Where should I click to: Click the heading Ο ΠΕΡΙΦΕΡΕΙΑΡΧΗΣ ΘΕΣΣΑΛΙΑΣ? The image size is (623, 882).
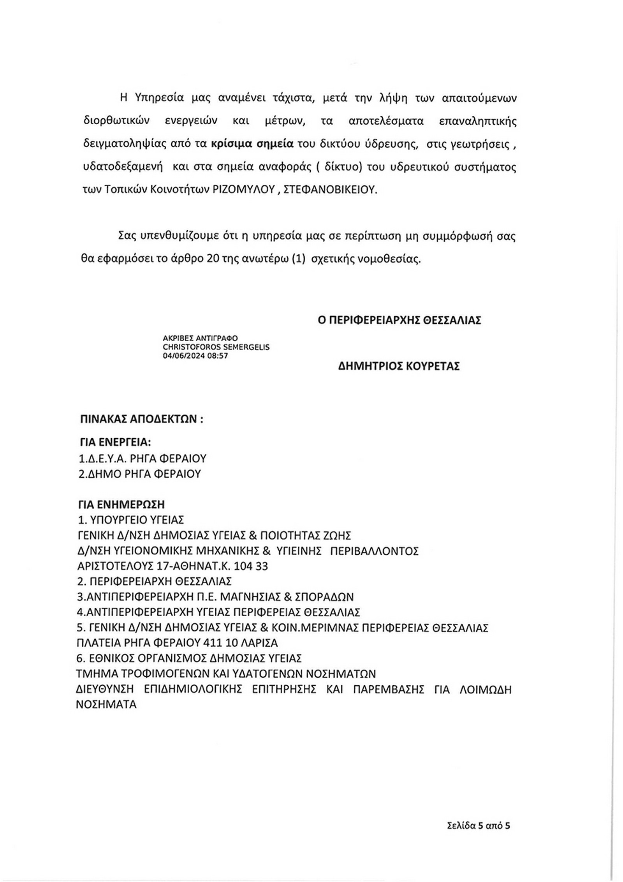pyautogui.click(x=399, y=320)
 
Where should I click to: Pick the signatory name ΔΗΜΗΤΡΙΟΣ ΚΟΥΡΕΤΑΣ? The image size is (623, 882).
pyautogui.click(x=399, y=366)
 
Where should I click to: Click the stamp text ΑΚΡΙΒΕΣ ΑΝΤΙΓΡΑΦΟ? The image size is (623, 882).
pyautogui.click(x=200, y=338)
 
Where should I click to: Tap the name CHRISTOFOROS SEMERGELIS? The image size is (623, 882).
pyautogui.click(x=216, y=347)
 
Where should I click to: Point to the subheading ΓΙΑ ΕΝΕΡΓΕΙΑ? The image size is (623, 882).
pyautogui.click(x=115, y=443)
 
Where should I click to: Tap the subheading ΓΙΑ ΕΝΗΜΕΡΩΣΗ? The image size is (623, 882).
pyautogui.click(x=121, y=505)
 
